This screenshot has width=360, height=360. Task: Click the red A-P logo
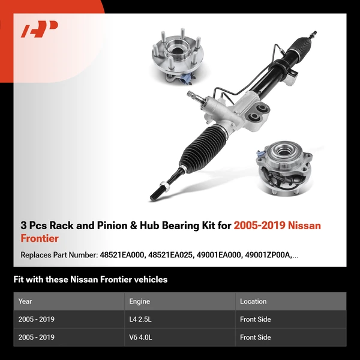click(x=40, y=29)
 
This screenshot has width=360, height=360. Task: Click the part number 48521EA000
click(x=122, y=255)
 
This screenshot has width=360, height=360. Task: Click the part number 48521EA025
click(x=171, y=255)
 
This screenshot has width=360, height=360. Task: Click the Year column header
click(x=25, y=301)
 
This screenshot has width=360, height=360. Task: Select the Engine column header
click(x=139, y=301)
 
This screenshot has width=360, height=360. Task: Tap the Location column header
click(x=253, y=301)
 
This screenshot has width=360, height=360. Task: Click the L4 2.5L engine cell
click(x=140, y=320)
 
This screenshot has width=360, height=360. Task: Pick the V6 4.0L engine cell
click(x=141, y=337)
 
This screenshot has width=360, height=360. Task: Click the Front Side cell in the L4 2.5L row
click(x=256, y=320)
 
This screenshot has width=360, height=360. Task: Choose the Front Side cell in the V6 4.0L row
click(x=256, y=337)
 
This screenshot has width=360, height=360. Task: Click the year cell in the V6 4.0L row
click(x=36, y=337)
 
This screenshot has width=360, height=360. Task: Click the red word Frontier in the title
click(x=39, y=238)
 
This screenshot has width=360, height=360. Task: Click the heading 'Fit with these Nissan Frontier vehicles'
click(x=90, y=280)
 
